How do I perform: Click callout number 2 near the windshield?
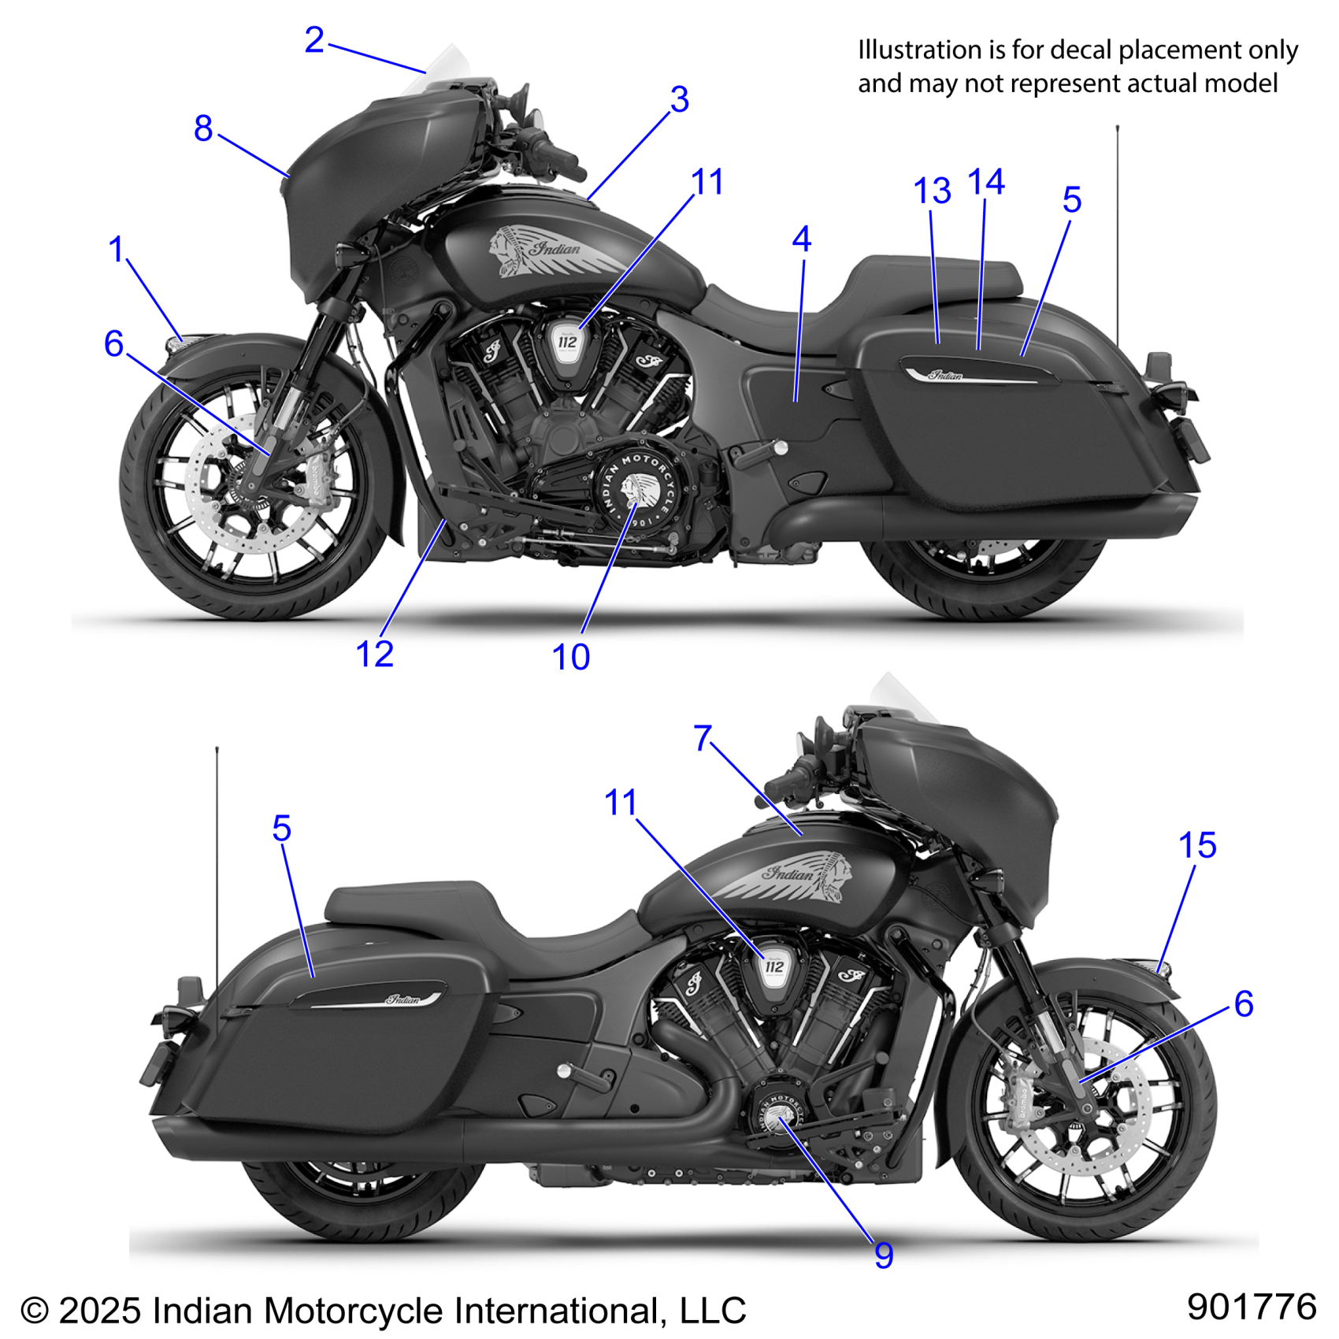(x=314, y=40)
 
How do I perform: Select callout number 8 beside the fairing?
(x=203, y=128)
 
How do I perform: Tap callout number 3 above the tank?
(x=679, y=100)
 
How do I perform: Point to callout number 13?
(x=932, y=191)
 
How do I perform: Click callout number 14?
(x=985, y=183)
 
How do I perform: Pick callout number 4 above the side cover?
(x=801, y=239)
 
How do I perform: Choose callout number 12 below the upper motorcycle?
(x=374, y=654)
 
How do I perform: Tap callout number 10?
(x=570, y=657)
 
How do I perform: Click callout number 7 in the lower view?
(x=703, y=739)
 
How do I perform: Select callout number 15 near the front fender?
(x=1196, y=846)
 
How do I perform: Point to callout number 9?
(x=884, y=1256)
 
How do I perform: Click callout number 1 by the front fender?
(x=117, y=250)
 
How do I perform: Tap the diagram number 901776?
(x=1251, y=1306)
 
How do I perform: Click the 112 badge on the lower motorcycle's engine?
(x=774, y=966)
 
